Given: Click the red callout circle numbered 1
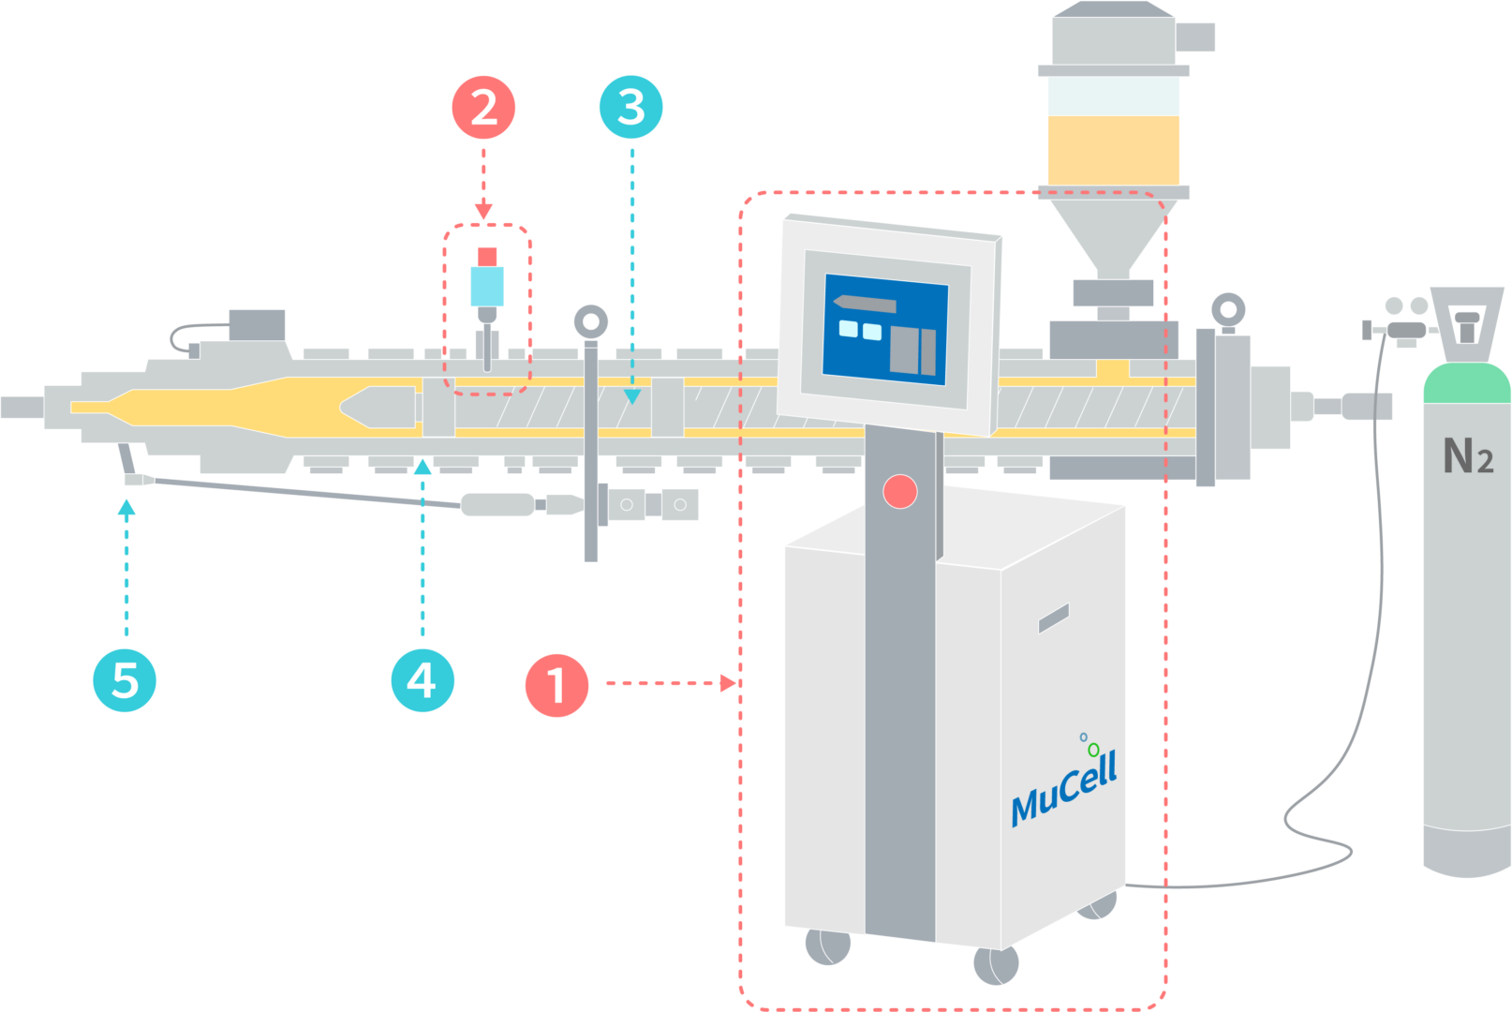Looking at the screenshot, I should (x=556, y=685).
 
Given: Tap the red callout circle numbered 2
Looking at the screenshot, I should (x=483, y=109).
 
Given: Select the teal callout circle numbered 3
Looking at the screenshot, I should (x=630, y=107).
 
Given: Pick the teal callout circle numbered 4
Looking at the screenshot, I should (x=422, y=680).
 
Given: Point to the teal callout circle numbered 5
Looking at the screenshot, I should (x=125, y=680).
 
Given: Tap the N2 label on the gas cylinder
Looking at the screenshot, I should (x=1467, y=457).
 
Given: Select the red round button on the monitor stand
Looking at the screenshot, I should (x=899, y=491).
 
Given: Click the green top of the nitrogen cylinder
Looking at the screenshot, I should (x=1466, y=384).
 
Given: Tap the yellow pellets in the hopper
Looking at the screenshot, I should (x=1113, y=150).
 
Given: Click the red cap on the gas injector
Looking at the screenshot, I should (x=487, y=256).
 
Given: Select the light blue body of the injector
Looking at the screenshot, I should (x=487, y=287).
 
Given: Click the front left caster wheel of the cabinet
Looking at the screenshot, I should (x=828, y=946).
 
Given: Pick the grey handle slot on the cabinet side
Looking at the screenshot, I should (x=1053, y=618).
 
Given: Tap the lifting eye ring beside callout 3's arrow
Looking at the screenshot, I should (x=590, y=322).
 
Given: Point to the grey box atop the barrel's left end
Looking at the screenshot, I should (x=257, y=325).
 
